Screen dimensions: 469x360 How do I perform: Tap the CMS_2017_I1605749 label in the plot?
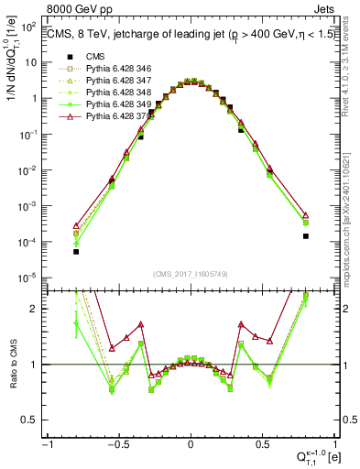190,274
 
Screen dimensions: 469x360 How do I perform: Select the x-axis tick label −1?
47,442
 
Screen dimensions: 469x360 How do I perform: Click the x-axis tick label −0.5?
116,442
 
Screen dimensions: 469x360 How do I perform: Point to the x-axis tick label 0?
190,442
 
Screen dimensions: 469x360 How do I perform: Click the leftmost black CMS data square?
76,251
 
